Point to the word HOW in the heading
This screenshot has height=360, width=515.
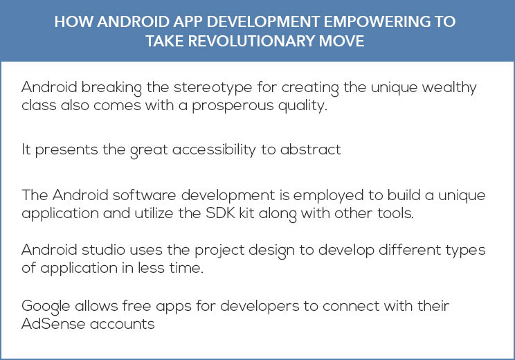click(x=73, y=21)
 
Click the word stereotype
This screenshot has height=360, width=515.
click(x=213, y=88)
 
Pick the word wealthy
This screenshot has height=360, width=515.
click(x=449, y=88)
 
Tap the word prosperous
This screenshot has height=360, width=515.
click(x=233, y=106)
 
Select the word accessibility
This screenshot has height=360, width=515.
click(x=214, y=150)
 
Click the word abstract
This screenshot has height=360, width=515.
click(x=310, y=150)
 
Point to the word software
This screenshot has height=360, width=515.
click(x=144, y=195)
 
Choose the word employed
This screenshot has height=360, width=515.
click(x=328, y=196)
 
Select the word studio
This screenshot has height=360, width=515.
click(x=103, y=250)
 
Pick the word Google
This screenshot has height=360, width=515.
click(x=46, y=307)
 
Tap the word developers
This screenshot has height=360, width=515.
click(x=260, y=307)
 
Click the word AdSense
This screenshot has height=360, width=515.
click(x=53, y=324)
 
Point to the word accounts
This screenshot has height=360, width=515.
click(x=123, y=325)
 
